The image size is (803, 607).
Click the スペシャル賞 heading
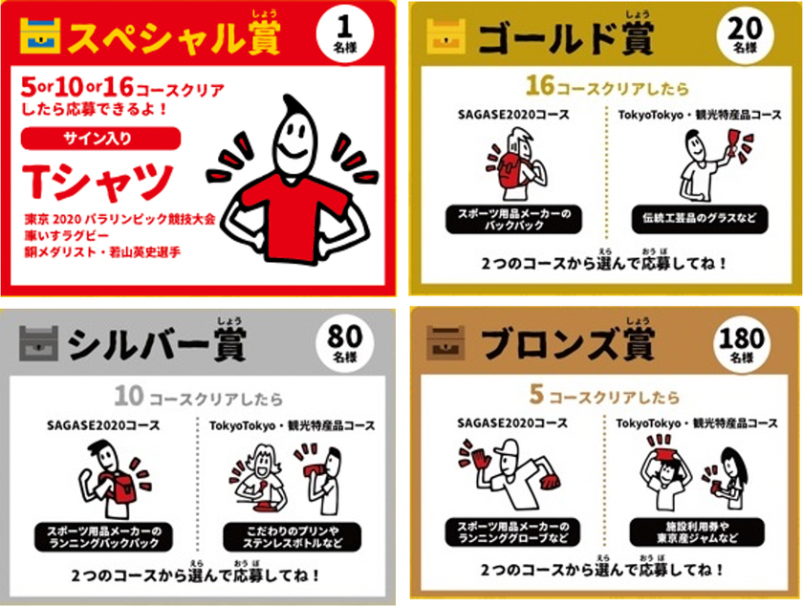[x=174, y=36]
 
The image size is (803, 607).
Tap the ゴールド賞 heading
[x=565, y=37]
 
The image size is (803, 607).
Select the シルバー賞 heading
[x=157, y=343]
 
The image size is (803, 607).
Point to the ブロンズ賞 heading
[x=568, y=342]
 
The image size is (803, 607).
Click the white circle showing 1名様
[x=345, y=34]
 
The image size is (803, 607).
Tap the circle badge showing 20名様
[x=745, y=34]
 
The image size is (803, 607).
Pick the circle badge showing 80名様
[x=345, y=342]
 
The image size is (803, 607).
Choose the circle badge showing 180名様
[x=742, y=341]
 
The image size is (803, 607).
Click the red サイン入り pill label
[x=101, y=139]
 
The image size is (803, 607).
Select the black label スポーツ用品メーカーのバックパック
[x=513, y=219]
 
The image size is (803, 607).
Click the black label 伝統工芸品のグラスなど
[x=700, y=219]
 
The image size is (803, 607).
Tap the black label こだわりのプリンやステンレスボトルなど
[x=293, y=537]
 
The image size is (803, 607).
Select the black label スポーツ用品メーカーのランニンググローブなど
[x=513, y=532]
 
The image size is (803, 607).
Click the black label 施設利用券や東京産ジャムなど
[x=698, y=532]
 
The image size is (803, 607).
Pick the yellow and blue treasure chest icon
[x=40, y=35]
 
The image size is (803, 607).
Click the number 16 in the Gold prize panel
[x=540, y=85]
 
